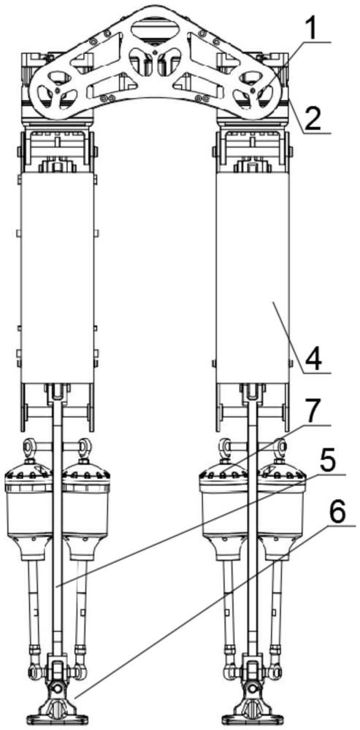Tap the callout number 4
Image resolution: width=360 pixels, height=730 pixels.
click(313, 357)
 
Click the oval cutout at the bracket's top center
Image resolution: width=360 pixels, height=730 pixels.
click(154, 31)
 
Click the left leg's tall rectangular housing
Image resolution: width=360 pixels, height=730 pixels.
click(57, 277)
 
